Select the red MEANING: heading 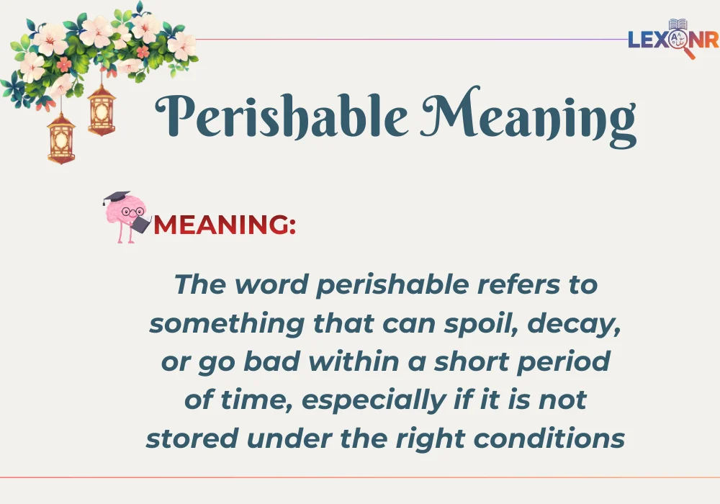[x=225, y=225]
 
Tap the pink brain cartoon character [x=127, y=216]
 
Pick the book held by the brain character [x=140, y=224]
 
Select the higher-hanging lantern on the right [x=102, y=109]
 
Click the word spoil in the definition [x=493, y=323]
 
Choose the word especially [x=381, y=400]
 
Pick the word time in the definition [x=255, y=400]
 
